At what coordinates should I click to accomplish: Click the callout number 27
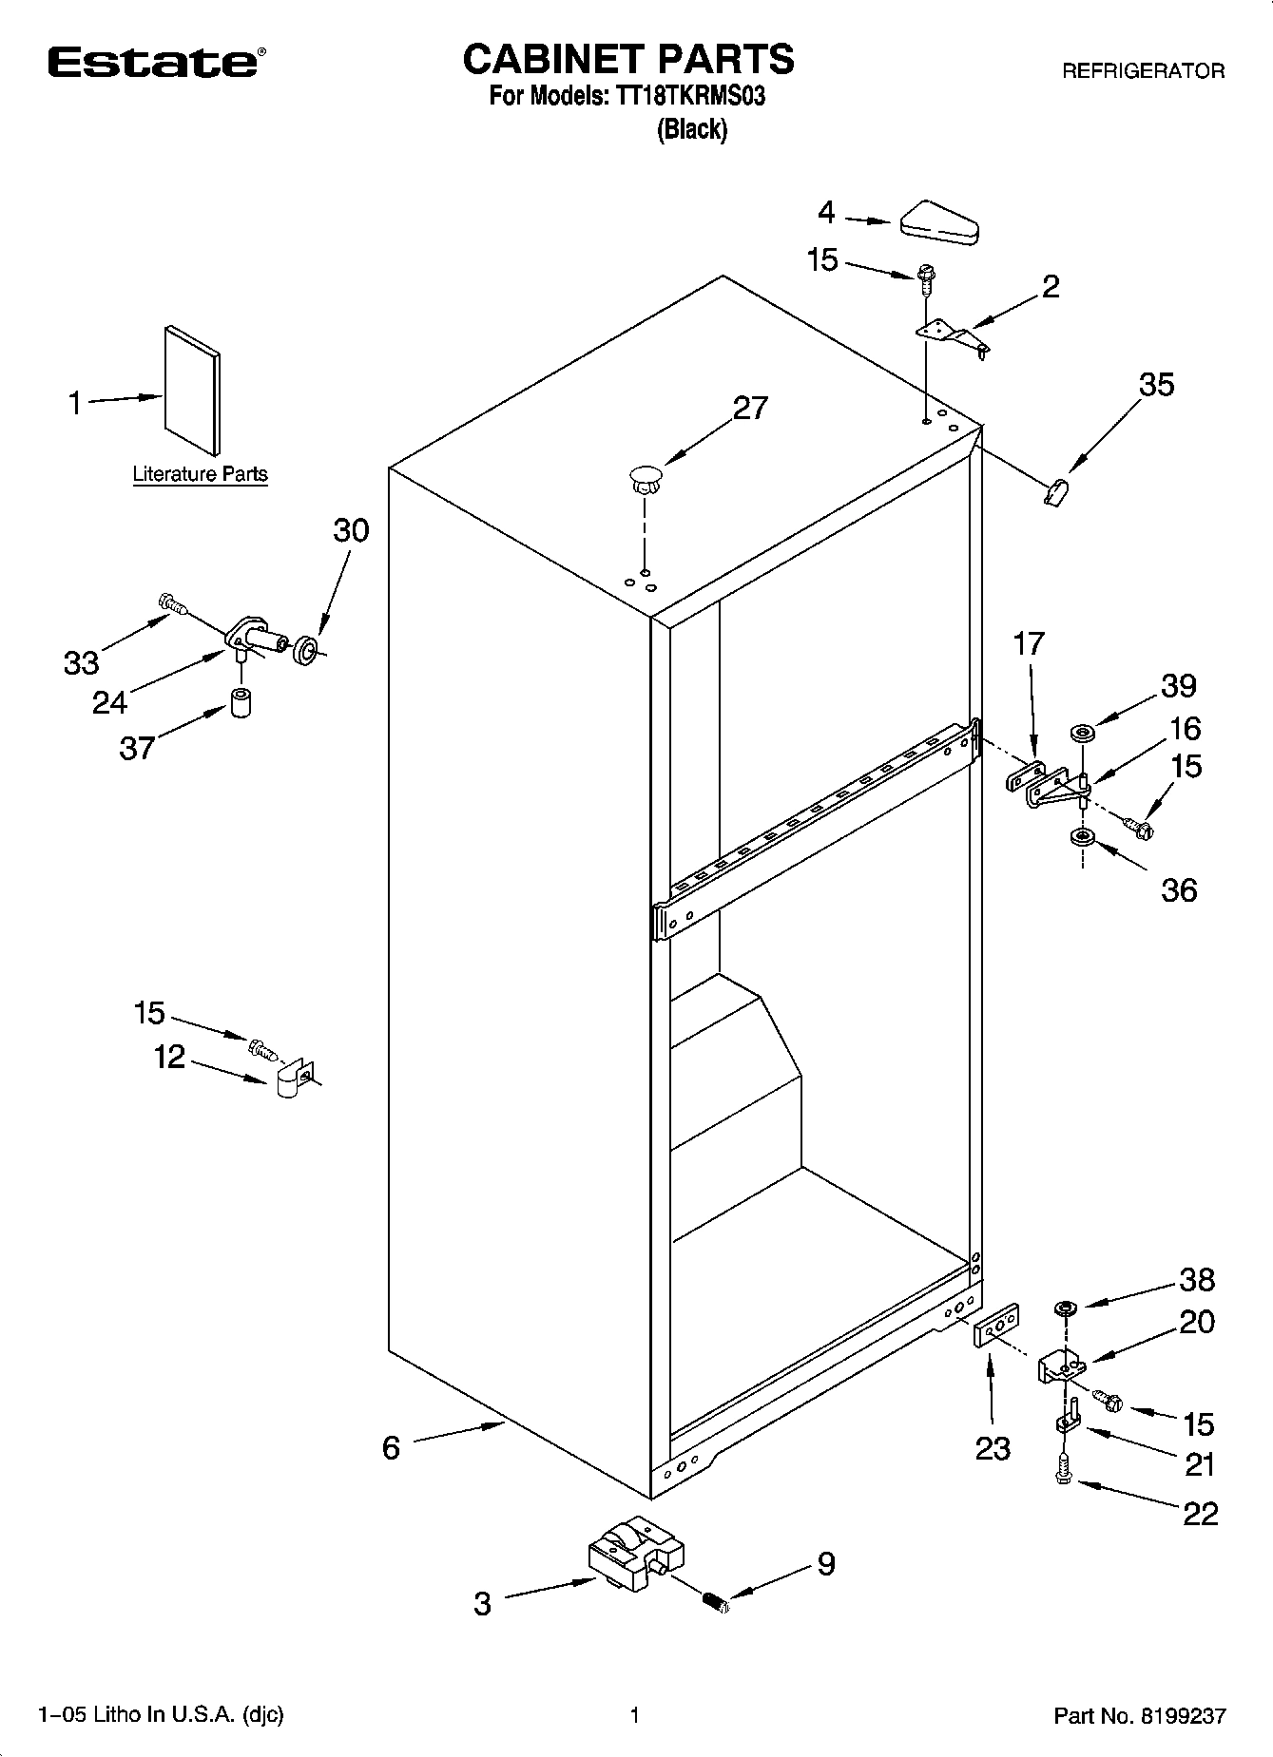(x=750, y=408)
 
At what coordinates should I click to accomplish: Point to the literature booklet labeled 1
(x=191, y=389)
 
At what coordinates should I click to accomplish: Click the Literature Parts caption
(x=200, y=474)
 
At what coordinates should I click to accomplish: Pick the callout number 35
(x=1157, y=385)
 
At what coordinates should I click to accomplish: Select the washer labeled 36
(x=1081, y=837)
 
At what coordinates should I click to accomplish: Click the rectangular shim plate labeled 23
(x=996, y=1324)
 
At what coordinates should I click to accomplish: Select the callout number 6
(x=391, y=1447)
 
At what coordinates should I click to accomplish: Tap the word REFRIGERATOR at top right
(x=1143, y=71)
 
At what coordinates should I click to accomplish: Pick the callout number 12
(x=170, y=1057)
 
